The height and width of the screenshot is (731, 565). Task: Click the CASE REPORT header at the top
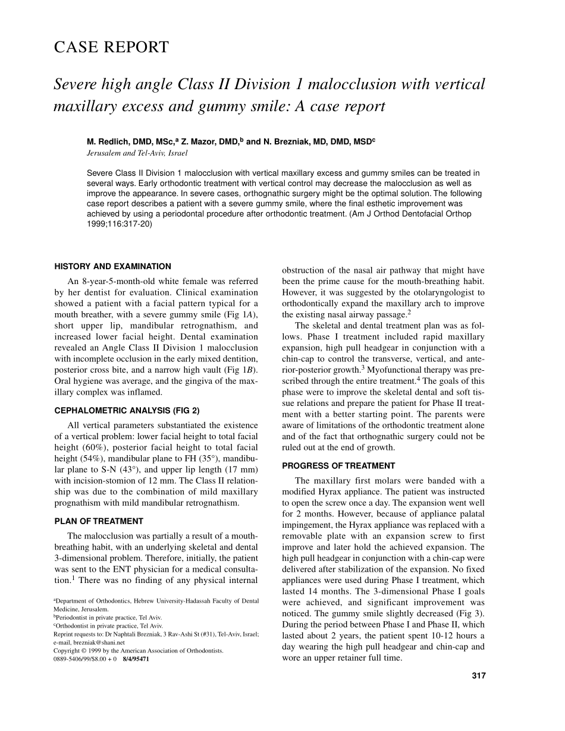click(111, 47)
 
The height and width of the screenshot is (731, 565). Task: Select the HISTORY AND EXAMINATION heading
click(113, 267)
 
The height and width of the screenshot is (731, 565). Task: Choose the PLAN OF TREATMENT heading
click(99, 521)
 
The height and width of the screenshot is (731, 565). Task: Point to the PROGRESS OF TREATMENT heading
click(338, 466)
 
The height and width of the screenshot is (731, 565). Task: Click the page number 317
click(478, 676)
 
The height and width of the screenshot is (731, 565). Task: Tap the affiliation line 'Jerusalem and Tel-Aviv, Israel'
click(137, 153)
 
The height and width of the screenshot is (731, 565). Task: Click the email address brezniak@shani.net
click(98, 642)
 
